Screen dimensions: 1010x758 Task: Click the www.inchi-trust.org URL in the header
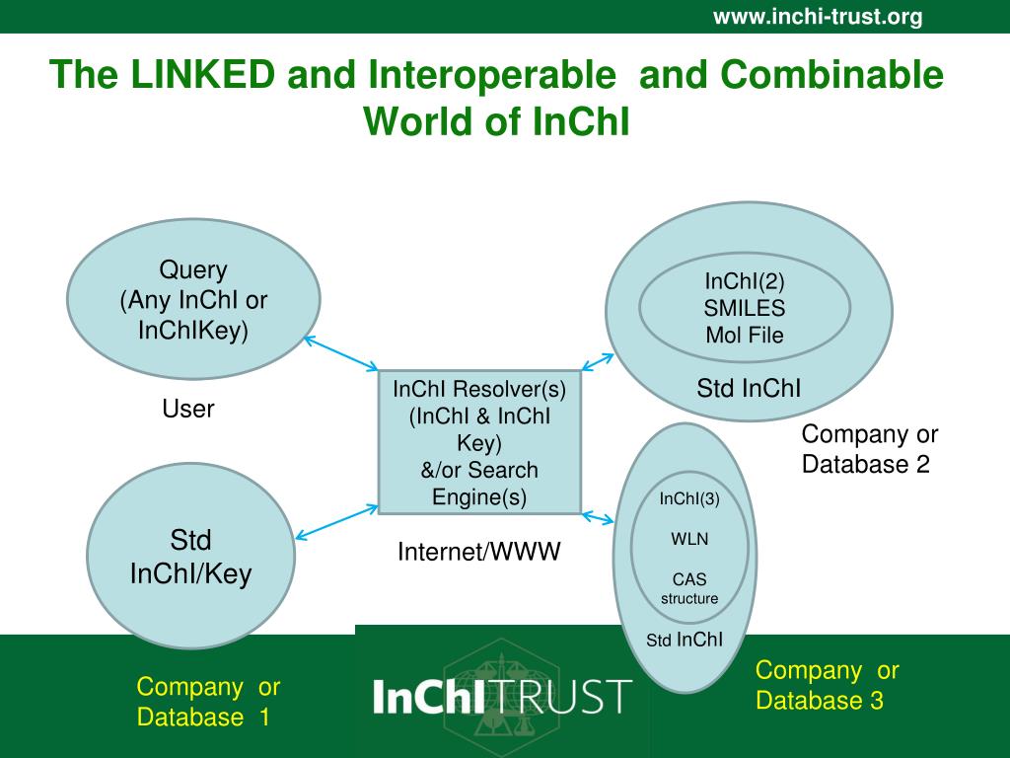point(818,17)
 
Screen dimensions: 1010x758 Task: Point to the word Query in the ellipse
point(193,269)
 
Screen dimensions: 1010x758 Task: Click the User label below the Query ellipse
point(188,409)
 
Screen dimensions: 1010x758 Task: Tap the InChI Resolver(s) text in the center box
point(480,389)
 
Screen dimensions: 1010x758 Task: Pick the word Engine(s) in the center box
point(480,496)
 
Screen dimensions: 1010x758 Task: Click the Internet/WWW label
point(478,552)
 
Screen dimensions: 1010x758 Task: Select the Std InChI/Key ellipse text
point(191,557)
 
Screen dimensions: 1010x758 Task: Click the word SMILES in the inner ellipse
point(745,308)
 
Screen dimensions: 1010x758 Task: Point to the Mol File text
point(745,335)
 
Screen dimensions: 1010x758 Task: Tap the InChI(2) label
point(745,281)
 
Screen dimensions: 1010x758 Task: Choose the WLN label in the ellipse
point(689,539)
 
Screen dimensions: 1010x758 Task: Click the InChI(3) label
point(689,498)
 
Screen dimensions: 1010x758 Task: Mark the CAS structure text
point(689,588)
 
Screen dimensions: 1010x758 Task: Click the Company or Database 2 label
point(869,449)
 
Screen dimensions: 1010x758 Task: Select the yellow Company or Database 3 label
point(827,686)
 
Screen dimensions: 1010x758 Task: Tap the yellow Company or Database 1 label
point(208,702)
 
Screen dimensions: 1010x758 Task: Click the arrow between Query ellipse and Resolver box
point(341,353)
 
